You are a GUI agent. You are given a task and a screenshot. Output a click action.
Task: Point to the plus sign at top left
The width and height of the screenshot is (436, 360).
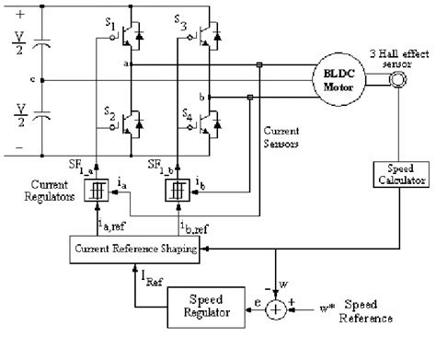coord(11,12)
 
